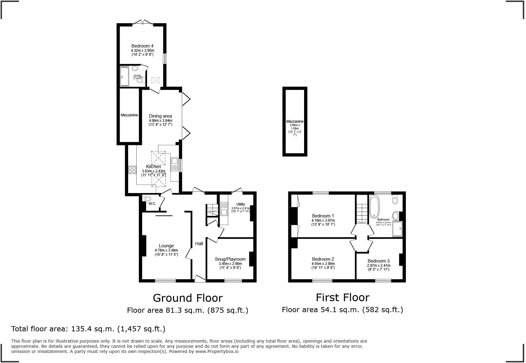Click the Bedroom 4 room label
coord(142,46)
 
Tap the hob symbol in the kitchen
coord(132,170)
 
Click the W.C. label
coord(152,204)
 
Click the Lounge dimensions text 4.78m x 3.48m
coord(166,251)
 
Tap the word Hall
coord(199,244)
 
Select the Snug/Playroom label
coord(230,259)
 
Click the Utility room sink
coord(224,212)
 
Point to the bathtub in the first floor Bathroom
coord(374,207)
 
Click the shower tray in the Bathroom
coord(398,229)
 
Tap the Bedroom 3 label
coord(378,261)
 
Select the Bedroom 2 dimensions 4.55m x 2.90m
coord(323,264)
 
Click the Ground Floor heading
coord(188,298)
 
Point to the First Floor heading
coord(342,297)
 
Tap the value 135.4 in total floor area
coord(79,329)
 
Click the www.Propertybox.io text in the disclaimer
coord(217,351)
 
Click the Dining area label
coord(160,116)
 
